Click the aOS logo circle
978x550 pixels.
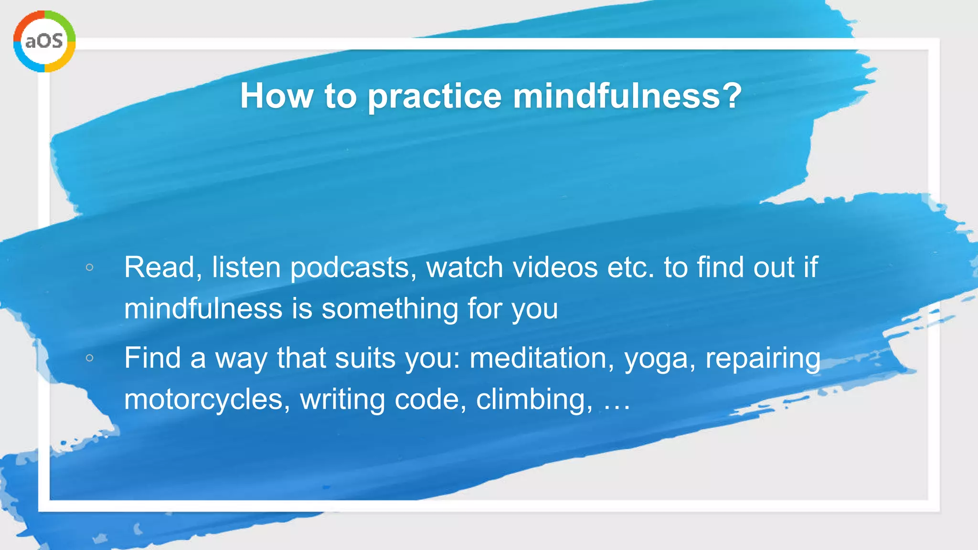tap(44, 42)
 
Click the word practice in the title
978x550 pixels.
tap(435, 96)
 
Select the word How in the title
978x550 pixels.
tap(276, 95)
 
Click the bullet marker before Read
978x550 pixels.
tap(89, 267)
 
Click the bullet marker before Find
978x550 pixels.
tap(89, 358)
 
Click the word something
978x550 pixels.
tap(390, 309)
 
